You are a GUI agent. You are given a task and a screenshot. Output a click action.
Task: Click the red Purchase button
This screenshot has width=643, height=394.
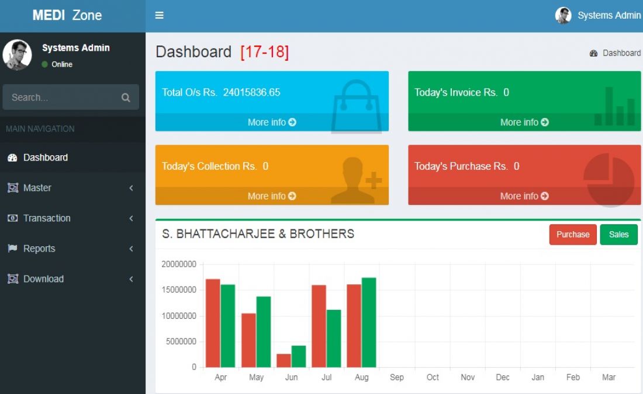coord(573,235)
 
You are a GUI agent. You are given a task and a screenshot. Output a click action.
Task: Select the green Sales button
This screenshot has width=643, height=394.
coord(618,235)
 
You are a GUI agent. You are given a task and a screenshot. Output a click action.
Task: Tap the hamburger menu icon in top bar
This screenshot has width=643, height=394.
coord(159,16)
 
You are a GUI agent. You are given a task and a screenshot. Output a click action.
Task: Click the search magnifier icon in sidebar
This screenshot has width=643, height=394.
coord(126,97)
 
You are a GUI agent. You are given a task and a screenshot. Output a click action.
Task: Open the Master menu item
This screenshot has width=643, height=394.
coord(37,188)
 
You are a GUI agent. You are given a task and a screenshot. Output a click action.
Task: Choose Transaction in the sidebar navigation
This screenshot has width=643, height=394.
coord(47,218)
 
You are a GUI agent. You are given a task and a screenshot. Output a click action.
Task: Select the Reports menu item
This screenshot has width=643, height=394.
coord(39,249)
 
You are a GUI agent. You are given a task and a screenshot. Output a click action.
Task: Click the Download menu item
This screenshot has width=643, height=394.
coord(43,279)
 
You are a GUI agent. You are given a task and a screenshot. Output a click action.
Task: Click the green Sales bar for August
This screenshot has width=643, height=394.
coord(369,322)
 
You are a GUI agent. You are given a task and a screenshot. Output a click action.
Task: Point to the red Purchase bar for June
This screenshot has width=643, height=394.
coord(284,361)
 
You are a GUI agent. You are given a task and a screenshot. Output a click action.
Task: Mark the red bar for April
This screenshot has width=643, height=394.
coord(213,323)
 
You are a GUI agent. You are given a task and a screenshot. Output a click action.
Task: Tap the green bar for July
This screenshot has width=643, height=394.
coord(334,339)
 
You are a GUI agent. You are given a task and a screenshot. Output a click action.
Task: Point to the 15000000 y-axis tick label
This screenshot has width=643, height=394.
coord(179,290)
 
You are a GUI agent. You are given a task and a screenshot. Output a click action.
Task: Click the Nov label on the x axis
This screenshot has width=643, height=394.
coord(468,378)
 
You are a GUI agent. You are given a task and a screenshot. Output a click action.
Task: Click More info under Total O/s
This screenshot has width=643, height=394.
coord(272,122)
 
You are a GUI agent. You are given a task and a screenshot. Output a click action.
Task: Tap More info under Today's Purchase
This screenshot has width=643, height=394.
coord(524,196)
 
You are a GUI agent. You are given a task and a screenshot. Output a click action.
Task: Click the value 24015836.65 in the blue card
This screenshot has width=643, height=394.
coord(251,92)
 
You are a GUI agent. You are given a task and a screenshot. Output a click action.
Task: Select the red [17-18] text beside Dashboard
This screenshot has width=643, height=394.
coord(264,52)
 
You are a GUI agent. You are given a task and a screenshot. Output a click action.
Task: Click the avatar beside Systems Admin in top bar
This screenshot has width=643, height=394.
coord(563,16)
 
